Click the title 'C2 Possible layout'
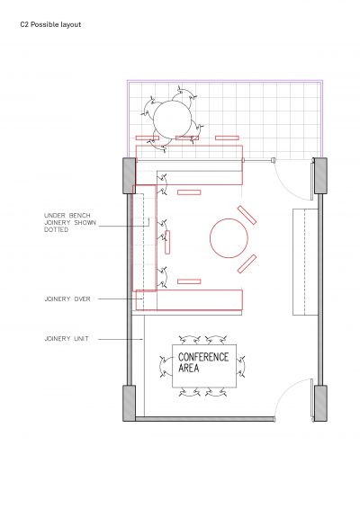pos(50,24)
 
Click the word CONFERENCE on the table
pos(203,357)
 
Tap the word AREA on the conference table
pos(188,368)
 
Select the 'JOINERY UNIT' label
pos(67,339)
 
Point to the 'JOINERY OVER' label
pos(67,299)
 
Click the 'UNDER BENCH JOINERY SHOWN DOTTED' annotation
pos(70,223)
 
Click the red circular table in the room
pos(229,238)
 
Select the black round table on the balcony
pos(173,120)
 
